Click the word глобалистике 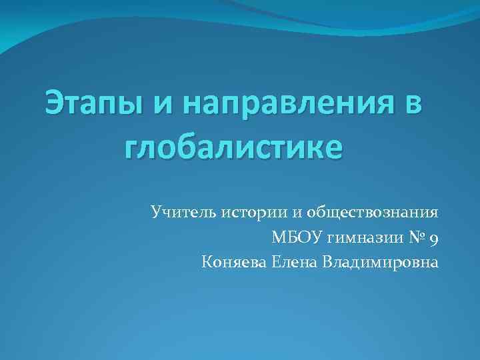[233, 145]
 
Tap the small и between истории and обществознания [294, 213]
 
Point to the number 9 [434, 239]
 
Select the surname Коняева [233, 261]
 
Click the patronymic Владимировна [380, 261]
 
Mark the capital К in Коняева [206, 261]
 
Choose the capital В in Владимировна [328, 261]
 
